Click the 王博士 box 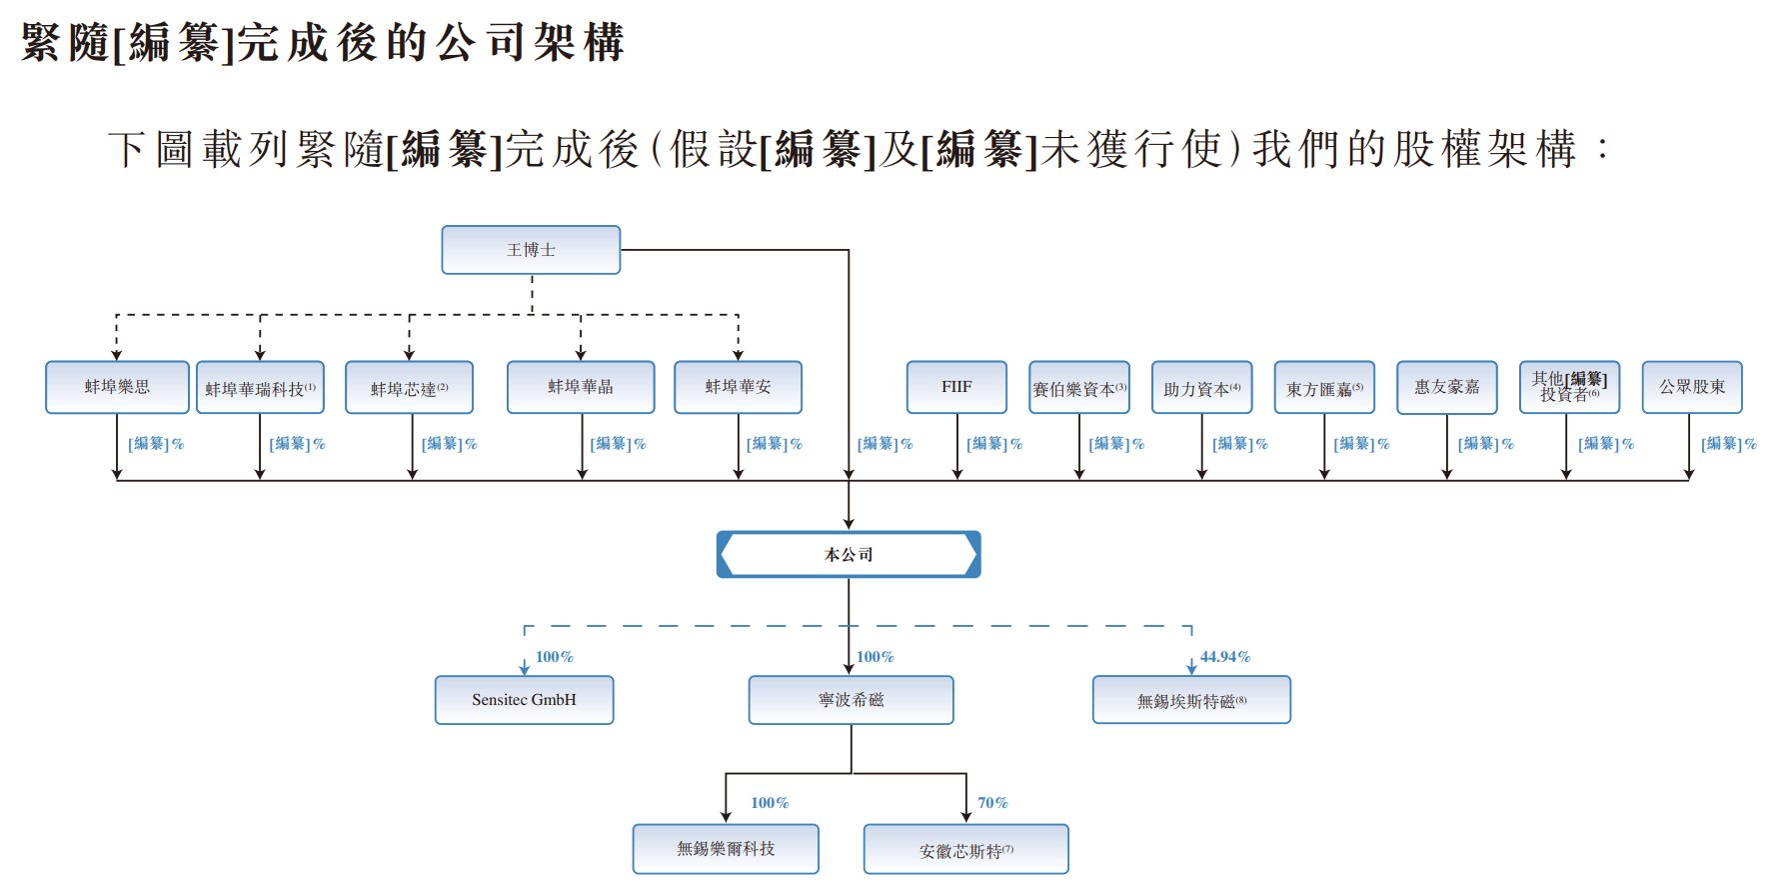click(x=531, y=250)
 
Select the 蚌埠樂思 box click(x=117, y=387)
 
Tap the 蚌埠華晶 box click(x=581, y=387)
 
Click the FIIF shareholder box click(x=956, y=387)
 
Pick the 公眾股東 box click(x=1692, y=387)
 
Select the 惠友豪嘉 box click(x=1446, y=387)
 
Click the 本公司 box click(x=849, y=555)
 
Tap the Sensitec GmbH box click(x=524, y=700)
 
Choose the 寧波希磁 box click(x=851, y=700)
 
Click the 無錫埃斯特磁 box click(x=1191, y=700)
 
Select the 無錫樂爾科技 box click(x=726, y=849)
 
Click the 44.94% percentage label click(x=1225, y=657)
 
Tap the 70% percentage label click(x=992, y=803)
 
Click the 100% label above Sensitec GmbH click(x=554, y=657)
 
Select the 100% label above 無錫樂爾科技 click(x=770, y=803)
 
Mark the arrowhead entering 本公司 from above click(x=849, y=522)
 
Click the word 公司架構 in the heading click(x=530, y=43)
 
